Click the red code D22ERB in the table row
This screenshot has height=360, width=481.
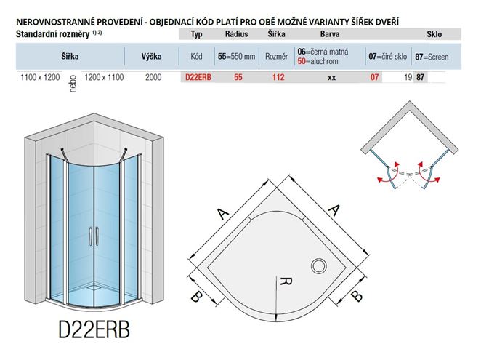198,77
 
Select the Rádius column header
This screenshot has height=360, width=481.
237,33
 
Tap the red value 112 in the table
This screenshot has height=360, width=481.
278,77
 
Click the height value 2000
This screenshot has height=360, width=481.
153,77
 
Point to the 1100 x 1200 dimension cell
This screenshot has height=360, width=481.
40,77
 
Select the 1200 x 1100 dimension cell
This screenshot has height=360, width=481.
104,77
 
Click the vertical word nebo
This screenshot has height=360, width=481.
73,84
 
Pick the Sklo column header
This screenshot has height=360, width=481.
434,33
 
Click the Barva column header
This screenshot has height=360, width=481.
330,33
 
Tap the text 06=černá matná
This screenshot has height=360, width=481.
323,52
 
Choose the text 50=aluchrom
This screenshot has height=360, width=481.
318,61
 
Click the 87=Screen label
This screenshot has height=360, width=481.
432,57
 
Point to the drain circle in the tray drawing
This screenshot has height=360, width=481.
319,265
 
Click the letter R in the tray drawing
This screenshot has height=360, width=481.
286,281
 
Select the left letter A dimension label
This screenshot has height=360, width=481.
223,213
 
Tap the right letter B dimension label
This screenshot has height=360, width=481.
357,296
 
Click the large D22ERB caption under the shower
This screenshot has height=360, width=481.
94,329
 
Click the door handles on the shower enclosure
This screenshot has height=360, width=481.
94,236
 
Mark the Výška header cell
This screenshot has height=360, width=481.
152,57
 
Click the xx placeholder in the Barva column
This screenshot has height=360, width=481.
331,78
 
